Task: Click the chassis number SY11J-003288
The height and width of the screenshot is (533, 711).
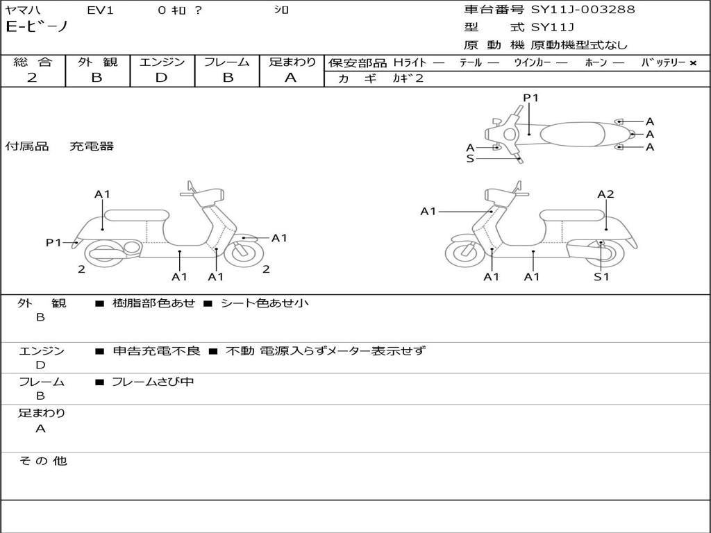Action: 583,10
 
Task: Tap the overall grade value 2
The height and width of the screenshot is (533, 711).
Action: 32,78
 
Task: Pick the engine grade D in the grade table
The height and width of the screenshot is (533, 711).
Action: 161,78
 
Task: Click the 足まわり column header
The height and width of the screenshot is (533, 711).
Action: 292,62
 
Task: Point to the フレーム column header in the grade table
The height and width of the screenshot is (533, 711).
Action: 226,62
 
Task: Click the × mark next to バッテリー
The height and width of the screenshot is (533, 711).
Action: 692,62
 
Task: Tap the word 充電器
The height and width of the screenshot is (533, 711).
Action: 91,146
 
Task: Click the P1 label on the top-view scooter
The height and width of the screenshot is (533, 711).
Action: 530,98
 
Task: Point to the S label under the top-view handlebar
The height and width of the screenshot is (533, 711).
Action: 470,158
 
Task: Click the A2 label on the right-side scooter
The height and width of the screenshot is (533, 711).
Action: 605,194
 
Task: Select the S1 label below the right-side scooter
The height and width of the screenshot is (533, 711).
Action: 601,276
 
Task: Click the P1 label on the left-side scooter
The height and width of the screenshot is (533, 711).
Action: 54,242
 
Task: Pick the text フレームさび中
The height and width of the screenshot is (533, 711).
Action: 153,382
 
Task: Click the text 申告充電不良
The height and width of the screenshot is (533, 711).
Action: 156,351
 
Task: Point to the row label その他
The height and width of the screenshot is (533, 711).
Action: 42,461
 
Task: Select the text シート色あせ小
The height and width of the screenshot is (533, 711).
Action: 265,303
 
